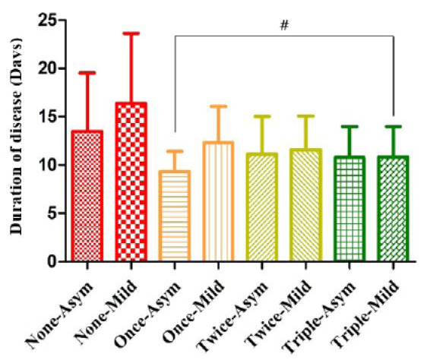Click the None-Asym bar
[x=87, y=196]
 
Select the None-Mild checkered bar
[x=131, y=182]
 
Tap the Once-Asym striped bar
[x=175, y=216]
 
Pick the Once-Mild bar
[x=218, y=201]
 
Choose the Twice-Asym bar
[x=262, y=207]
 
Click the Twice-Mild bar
[x=305, y=205]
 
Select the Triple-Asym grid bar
[x=350, y=209]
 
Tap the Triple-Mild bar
[x=393, y=209]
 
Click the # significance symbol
[x=284, y=25]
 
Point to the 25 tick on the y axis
[x=48, y=20]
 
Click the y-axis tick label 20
[x=48, y=68]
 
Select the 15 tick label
[x=48, y=116]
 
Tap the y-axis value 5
[x=53, y=213]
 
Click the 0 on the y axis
[x=53, y=261]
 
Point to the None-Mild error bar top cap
[x=131, y=33]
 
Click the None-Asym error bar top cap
[x=87, y=73]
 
